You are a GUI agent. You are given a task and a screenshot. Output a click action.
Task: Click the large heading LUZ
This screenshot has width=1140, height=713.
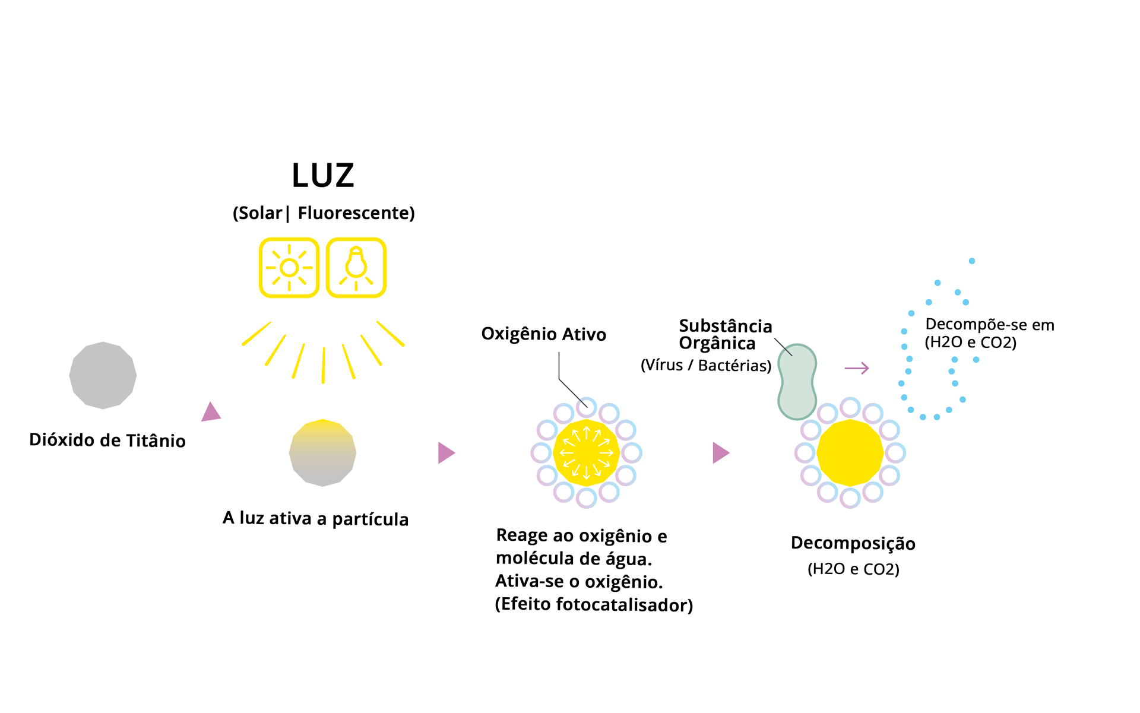click(x=323, y=176)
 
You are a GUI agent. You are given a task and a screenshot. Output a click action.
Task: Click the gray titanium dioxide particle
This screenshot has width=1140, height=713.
click(x=103, y=375)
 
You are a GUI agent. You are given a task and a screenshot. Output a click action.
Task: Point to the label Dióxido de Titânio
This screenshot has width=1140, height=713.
click(x=107, y=441)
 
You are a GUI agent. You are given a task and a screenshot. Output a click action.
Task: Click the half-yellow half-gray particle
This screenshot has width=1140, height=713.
click(x=322, y=453)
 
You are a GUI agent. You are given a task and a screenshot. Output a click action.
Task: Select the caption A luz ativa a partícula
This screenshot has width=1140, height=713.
click(x=315, y=519)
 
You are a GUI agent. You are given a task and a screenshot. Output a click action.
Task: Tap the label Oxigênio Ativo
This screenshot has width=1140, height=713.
click(x=544, y=334)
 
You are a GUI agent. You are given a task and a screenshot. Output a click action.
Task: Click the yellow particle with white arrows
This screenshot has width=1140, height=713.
click(x=587, y=453)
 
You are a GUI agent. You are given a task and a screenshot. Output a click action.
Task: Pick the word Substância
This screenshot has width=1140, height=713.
click(x=726, y=326)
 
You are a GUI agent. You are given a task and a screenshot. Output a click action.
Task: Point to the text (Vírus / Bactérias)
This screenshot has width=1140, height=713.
click(x=706, y=365)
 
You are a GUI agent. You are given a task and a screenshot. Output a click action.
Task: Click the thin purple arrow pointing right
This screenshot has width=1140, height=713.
click(x=857, y=369)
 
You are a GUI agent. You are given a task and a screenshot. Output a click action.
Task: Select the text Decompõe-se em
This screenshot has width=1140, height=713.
click(x=990, y=325)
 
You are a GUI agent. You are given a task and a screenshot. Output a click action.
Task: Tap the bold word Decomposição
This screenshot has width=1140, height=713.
click(x=853, y=543)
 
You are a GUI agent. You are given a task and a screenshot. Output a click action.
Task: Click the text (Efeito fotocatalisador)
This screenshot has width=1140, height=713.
click(x=594, y=604)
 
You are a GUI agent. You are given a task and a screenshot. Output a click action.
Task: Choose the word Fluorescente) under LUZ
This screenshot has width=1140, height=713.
click(x=356, y=213)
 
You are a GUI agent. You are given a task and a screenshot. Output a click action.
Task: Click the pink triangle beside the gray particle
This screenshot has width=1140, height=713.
click(x=211, y=412)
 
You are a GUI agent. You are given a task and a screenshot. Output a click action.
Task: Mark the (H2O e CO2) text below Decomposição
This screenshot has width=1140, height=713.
click(x=853, y=569)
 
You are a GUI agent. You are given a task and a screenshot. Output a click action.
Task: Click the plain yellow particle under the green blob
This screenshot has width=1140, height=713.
click(x=850, y=453)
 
